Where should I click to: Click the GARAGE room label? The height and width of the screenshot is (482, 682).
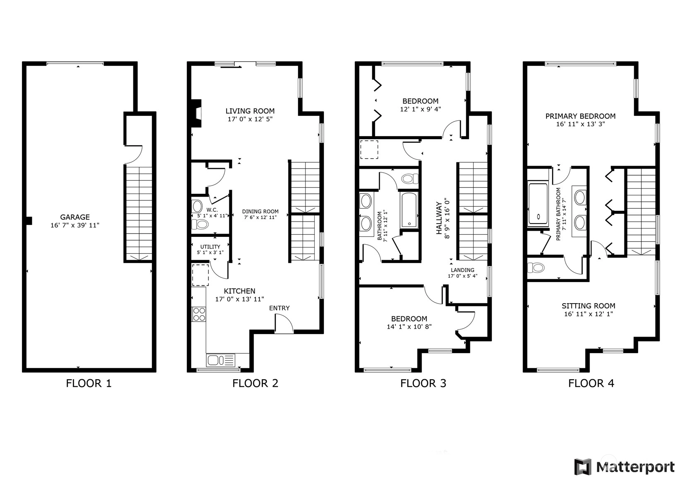click(x=75, y=217)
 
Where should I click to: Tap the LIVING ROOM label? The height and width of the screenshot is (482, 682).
click(x=250, y=111)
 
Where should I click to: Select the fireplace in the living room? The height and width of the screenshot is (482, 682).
click(x=196, y=113)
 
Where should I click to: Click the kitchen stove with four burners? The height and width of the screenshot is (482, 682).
click(x=199, y=314)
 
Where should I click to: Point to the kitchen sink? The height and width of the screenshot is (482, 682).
click(x=221, y=361)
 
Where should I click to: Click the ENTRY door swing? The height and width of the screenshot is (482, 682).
click(x=284, y=323)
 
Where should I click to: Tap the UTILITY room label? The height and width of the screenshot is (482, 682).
click(x=210, y=247)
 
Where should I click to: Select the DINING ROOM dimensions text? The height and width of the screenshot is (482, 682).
click(x=260, y=217)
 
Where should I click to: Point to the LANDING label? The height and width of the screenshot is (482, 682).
click(x=463, y=270)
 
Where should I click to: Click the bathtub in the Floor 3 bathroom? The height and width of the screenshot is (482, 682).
click(x=408, y=210)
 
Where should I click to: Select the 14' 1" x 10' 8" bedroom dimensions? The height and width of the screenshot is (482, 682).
click(x=409, y=327)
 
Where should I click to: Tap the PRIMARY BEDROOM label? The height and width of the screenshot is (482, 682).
click(x=580, y=116)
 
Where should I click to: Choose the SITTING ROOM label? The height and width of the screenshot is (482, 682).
click(x=588, y=306)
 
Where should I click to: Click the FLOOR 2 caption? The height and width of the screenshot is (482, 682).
click(x=255, y=383)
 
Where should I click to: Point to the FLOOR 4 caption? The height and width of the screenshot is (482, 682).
click(x=591, y=383)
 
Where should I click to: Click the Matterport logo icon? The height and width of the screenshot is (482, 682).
click(x=583, y=467)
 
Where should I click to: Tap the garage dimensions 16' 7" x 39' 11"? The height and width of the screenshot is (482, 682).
click(x=75, y=225)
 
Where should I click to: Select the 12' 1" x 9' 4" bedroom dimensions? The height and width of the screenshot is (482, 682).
click(x=420, y=109)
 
